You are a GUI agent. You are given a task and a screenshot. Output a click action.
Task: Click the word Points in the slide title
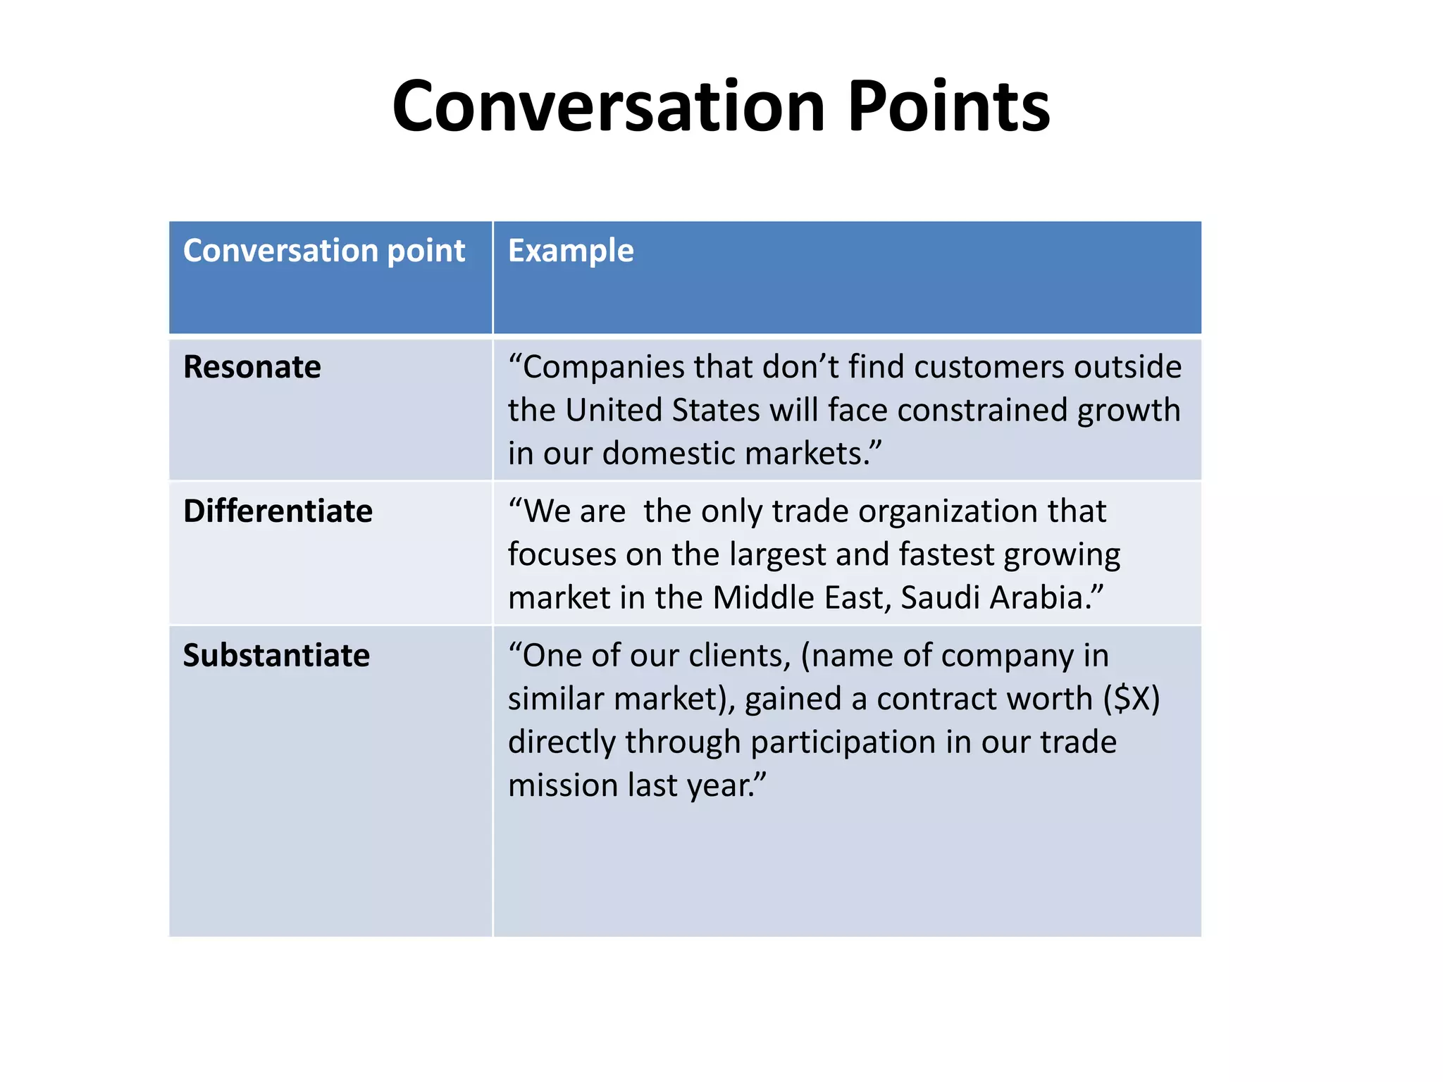[x=948, y=106]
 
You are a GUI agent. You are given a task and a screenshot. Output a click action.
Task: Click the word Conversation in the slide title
[x=608, y=106]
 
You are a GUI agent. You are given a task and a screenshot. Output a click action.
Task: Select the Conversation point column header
[x=324, y=251]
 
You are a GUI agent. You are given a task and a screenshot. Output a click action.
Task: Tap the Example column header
[x=571, y=251]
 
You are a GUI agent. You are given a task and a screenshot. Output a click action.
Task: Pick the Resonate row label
[x=252, y=367]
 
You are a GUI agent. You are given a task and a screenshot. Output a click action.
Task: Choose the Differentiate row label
[x=278, y=511]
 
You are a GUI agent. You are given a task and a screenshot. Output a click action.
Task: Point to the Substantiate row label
[x=276, y=656]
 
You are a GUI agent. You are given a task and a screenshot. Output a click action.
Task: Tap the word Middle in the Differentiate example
[x=762, y=598]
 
